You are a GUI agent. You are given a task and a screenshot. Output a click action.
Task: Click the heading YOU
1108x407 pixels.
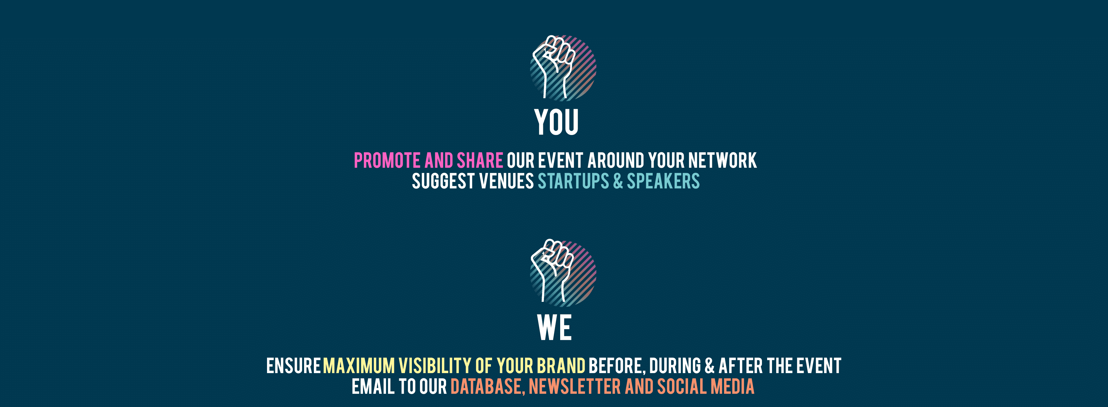(556, 122)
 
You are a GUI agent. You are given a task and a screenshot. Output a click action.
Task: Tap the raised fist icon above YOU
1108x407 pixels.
(562, 68)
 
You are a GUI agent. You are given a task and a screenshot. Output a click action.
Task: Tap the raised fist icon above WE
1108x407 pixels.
(562, 273)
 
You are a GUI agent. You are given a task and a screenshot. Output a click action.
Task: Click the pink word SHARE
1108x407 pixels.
(480, 160)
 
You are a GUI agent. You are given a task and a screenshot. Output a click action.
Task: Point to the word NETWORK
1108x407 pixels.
(722, 160)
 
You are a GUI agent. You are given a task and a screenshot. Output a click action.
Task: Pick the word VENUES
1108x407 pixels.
(506, 181)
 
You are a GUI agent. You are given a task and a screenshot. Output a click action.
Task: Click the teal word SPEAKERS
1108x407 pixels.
(663, 181)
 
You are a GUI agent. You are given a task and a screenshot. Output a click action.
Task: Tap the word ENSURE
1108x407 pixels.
(293, 366)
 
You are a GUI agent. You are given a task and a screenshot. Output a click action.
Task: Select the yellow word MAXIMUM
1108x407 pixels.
(359, 366)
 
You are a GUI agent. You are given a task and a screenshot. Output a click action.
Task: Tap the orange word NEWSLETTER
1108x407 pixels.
(575, 386)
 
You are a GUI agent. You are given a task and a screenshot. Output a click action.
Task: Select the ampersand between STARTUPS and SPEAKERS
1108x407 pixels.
(618, 181)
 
